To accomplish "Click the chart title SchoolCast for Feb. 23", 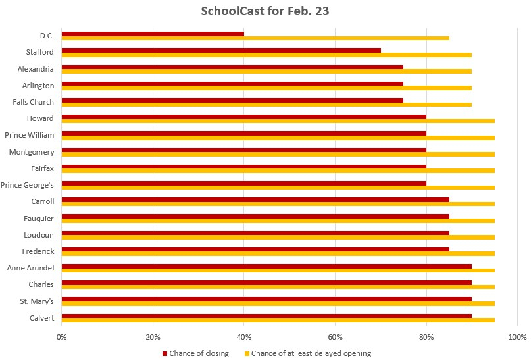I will [x=265, y=12].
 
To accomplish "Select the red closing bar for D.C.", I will [x=153, y=34].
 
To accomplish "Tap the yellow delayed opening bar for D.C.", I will [x=255, y=38].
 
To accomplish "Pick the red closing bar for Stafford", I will [x=221, y=50].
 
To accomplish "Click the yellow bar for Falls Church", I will [x=266, y=105].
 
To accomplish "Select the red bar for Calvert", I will [x=266, y=316].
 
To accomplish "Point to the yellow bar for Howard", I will [x=278, y=121].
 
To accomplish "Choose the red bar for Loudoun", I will [x=255, y=232].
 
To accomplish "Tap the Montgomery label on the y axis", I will [x=32, y=151].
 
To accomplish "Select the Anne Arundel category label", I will [x=31, y=267].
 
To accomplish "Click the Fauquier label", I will [x=39, y=218].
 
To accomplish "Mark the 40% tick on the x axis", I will [x=244, y=337].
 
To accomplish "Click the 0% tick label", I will [x=61, y=337].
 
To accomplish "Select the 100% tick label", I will [x=517, y=337].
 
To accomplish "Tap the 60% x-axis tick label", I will [x=335, y=337].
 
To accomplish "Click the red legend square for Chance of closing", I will [x=164, y=353].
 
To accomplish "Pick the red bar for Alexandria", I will [x=232, y=66].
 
